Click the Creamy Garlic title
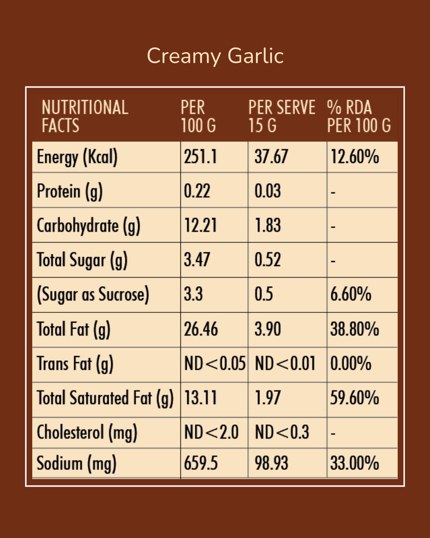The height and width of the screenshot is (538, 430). (x=215, y=56)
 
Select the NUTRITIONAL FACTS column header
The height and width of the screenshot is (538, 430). (x=85, y=116)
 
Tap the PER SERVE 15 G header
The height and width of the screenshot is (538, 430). (x=282, y=116)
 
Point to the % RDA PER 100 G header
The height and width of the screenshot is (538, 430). (x=359, y=116)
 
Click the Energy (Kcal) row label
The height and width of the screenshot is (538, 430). (x=77, y=157)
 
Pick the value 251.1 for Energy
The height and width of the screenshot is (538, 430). (x=200, y=157)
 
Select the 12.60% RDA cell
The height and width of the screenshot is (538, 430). (x=354, y=157)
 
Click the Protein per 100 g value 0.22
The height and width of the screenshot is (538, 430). (x=197, y=191)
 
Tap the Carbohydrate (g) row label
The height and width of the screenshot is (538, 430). (x=89, y=226)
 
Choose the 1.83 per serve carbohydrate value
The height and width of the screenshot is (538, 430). (x=267, y=225)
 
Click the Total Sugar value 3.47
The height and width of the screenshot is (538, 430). (x=197, y=260)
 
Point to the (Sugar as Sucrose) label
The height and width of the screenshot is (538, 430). (x=93, y=295)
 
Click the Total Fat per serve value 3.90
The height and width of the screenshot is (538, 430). (x=267, y=329)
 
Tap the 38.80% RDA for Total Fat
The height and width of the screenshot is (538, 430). (x=354, y=329)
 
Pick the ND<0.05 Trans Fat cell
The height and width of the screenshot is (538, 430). (x=215, y=364)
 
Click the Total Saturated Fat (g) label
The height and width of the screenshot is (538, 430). (x=105, y=398)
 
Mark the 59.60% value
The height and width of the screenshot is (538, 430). (x=354, y=398)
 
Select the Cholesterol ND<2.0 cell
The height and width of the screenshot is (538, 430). (x=211, y=432)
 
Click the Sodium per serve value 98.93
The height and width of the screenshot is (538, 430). (x=271, y=463)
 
